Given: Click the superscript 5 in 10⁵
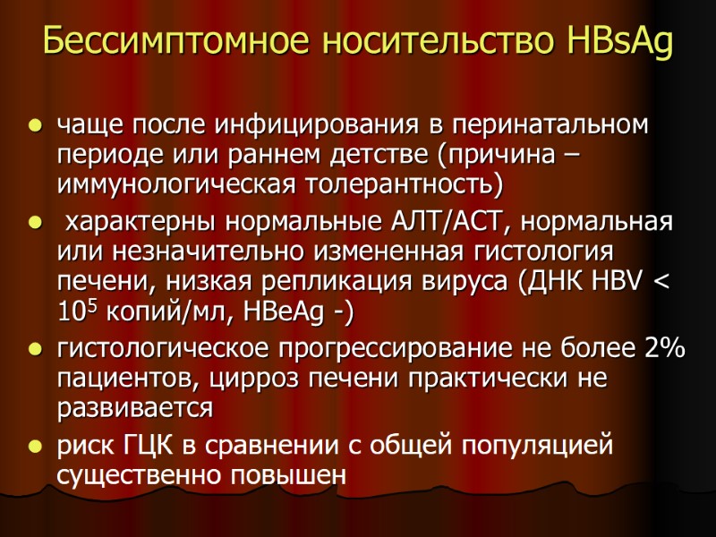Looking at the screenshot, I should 89,304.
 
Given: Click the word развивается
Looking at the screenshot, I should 135,408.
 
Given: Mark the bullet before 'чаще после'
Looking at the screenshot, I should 35,124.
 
